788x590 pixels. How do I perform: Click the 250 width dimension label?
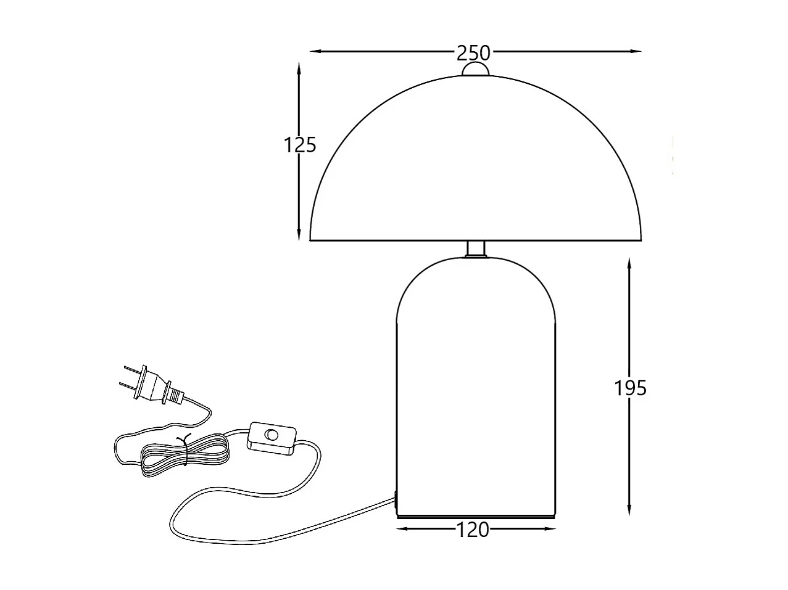473,53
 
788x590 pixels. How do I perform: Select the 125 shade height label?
300,145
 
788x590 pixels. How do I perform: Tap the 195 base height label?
630,388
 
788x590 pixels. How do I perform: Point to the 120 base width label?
473,529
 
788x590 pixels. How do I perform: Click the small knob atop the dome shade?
475,70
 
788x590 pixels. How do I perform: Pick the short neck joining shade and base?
475,248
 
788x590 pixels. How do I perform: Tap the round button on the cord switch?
271,435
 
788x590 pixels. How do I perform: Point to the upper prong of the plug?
131,371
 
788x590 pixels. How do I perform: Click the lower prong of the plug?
126,387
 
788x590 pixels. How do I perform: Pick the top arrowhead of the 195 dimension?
629,263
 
